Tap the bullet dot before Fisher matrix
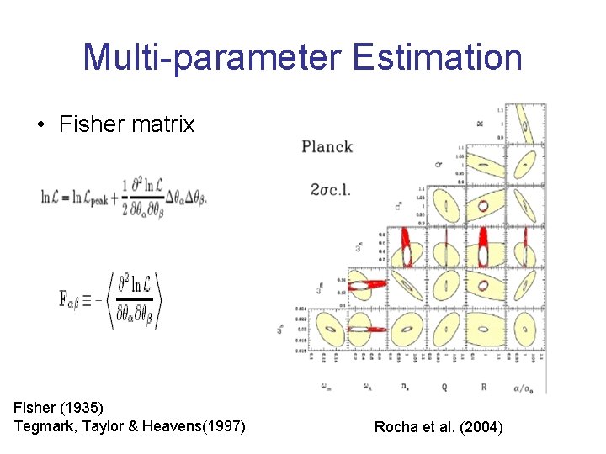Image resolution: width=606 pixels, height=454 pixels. (41, 125)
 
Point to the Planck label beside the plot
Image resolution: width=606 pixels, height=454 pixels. (327, 146)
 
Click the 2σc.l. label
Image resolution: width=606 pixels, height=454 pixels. (330, 189)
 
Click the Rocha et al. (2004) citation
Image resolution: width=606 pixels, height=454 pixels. (439, 427)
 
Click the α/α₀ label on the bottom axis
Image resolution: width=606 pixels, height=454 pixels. (529, 388)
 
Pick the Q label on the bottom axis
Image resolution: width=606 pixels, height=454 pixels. (444, 388)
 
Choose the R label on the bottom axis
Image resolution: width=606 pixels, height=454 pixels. (486, 388)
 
